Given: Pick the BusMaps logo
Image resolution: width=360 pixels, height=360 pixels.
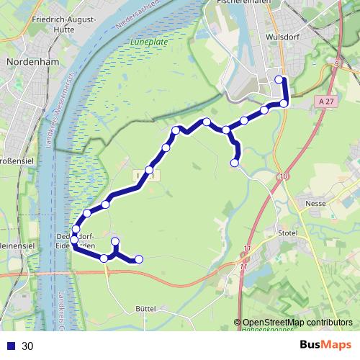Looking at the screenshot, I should click(325, 345).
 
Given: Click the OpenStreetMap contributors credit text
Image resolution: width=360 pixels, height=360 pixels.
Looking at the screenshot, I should click(297, 323).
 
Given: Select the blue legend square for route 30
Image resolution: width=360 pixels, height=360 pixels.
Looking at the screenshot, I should click(11, 346).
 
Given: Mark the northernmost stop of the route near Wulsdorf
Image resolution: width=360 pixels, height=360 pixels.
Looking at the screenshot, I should click(280, 79).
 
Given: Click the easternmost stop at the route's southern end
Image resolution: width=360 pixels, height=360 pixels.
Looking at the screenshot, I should click(139, 259).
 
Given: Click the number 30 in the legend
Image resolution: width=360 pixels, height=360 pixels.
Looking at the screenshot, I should click(28, 346).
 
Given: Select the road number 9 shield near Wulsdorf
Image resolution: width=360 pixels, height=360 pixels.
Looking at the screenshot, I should click(336, 64).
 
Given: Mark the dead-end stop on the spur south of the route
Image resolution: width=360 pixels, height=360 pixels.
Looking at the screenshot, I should click(235, 163).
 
